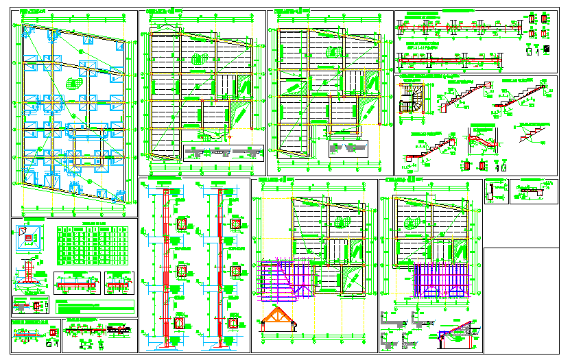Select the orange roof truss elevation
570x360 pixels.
(x=279, y=319)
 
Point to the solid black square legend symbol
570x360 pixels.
(x=547, y=49)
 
